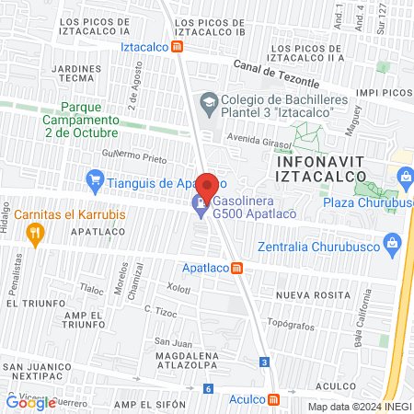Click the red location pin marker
point(207,187)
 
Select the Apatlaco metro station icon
point(237,268)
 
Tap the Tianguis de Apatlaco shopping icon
point(93,178)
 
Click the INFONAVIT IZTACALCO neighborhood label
point(322,169)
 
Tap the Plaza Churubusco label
point(370,203)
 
